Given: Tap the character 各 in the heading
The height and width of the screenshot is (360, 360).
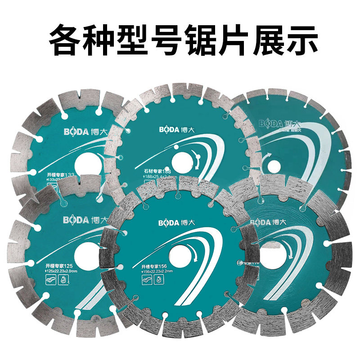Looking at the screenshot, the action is pos(64,40).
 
